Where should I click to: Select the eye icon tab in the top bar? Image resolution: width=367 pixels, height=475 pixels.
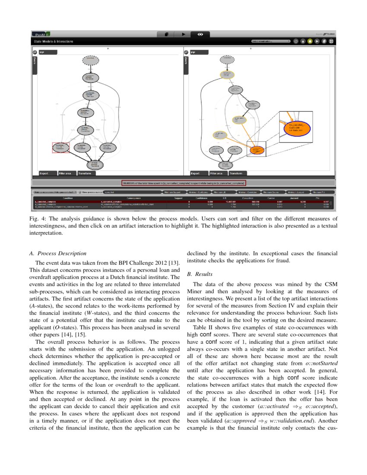pos(200,34)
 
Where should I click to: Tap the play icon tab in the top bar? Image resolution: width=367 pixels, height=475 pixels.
pos(183,34)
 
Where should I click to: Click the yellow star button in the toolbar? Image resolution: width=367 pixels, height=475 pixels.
pos(310,41)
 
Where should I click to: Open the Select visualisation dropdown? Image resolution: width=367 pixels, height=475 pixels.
pos(271,41)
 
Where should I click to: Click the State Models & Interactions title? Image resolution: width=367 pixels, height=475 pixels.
pos(54,41)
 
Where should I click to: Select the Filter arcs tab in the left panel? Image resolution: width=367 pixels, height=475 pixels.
pos(67,173)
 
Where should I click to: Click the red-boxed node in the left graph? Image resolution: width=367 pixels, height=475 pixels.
pos(60,147)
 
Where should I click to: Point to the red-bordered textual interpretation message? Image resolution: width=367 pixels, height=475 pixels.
pos(183,183)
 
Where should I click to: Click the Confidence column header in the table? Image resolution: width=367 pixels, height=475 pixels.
pos(201,198)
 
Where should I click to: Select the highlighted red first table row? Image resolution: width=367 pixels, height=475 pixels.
pos(183,202)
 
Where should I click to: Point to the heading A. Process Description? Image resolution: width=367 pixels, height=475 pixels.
pos(57,253)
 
